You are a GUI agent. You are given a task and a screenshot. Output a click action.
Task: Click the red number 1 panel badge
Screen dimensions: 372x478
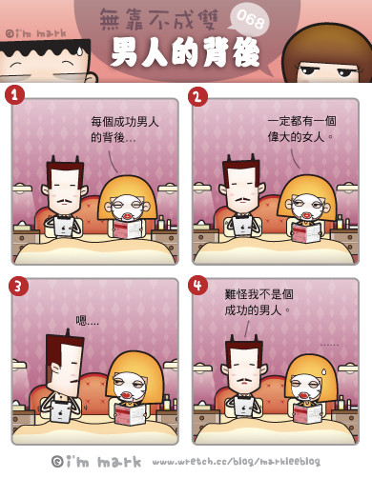[x=14, y=94]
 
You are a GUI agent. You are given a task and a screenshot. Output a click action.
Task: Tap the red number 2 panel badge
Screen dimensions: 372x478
[x=197, y=96]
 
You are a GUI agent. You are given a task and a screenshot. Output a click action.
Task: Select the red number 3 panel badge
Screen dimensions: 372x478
[x=18, y=286]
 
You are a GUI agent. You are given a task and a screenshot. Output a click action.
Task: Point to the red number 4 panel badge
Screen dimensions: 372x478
[x=197, y=285]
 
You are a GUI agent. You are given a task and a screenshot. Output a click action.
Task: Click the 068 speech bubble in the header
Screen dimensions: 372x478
[x=250, y=21]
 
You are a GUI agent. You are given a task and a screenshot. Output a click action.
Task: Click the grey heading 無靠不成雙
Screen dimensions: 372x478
[x=159, y=19]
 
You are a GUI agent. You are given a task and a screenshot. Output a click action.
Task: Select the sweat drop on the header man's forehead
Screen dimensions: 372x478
[x=79, y=51]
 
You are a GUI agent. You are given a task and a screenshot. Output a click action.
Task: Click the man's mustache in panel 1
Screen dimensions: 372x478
[x=65, y=200]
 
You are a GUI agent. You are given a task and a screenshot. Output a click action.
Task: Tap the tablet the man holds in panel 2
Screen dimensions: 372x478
[x=241, y=228]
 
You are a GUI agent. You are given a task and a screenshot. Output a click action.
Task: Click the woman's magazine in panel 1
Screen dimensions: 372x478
[x=127, y=229]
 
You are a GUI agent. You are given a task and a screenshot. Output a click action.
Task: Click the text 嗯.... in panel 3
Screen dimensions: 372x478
[x=87, y=321]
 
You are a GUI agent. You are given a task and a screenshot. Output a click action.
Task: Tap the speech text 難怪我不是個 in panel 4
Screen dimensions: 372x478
[x=258, y=294]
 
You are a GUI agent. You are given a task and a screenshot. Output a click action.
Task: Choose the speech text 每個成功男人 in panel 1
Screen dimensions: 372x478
[x=125, y=122]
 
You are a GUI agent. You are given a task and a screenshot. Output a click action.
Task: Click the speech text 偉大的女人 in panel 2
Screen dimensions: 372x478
[x=297, y=137]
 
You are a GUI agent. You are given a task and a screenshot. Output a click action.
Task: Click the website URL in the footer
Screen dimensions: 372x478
[x=237, y=461]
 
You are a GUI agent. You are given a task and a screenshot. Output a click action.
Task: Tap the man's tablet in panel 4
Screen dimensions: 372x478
[x=243, y=406]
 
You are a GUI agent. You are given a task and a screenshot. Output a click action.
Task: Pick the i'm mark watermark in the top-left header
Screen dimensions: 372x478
[x=36, y=33]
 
